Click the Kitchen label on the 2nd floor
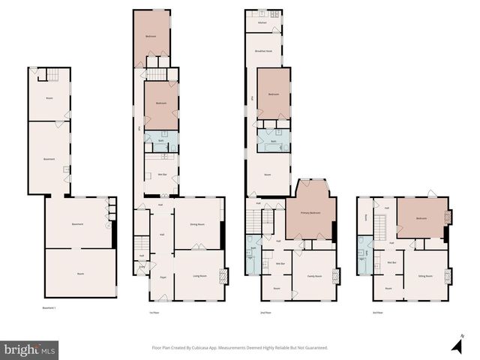tap(262, 23)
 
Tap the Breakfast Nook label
tap(263, 51)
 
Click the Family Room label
tap(315, 277)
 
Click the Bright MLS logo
tap(29, 349)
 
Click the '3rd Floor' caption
tap(377, 313)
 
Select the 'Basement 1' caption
tap(49, 307)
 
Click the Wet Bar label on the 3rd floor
tap(391, 262)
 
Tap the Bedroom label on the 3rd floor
tap(421, 218)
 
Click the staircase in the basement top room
tap(52, 74)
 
